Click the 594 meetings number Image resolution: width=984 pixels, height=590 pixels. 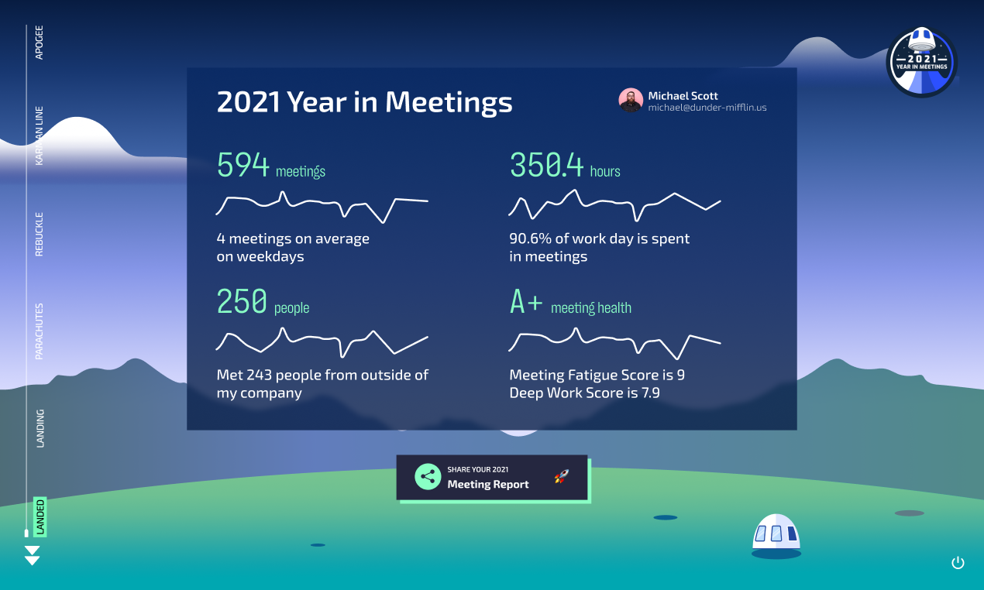click(x=243, y=166)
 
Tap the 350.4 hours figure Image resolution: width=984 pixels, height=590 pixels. click(x=546, y=166)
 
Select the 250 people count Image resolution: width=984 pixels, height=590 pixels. click(x=242, y=302)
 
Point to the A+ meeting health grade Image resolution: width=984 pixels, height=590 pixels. click(x=527, y=302)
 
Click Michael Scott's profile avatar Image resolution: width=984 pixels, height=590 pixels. click(x=631, y=100)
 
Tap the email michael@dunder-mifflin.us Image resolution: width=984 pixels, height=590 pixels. click(x=707, y=108)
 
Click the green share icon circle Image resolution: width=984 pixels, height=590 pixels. click(x=428, y=476)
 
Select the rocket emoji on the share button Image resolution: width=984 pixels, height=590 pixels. click(x=562, y=477)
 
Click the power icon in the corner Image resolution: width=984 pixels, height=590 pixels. click(x=958, y=563)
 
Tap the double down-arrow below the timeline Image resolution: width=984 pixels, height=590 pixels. click(x=32, y=555)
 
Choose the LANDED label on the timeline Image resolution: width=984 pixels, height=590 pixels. click(x=40, y=516)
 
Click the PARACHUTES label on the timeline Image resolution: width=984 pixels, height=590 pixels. click(x=40, y=331)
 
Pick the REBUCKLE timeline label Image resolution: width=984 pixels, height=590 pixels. click(x=40, y=234)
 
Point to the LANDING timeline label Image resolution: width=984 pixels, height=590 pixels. click(x=40, y=428)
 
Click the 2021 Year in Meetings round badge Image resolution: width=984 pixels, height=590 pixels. click(x=921, y=63)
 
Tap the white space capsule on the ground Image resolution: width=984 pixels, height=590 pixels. click(x=776, y=535)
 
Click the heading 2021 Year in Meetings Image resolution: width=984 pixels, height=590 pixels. click(x=364, y=102)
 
